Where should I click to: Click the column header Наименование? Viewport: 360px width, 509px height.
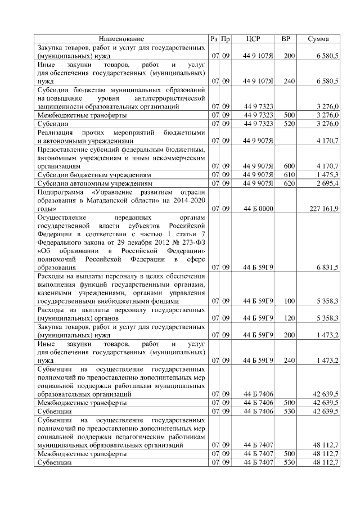121,39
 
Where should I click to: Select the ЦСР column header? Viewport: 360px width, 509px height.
253,39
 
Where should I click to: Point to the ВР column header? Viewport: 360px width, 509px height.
285,39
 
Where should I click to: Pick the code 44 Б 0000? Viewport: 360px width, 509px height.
258,209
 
